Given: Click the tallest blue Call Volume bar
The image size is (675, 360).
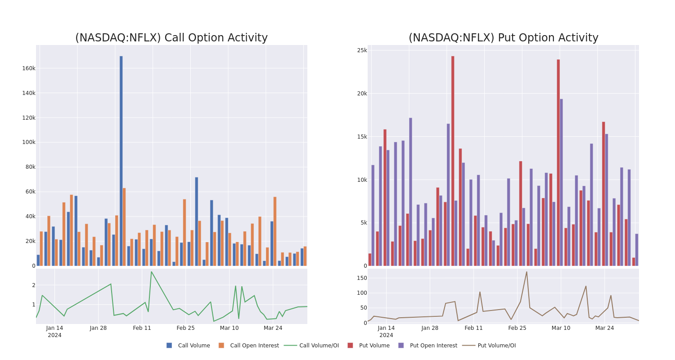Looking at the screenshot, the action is coord(121,161).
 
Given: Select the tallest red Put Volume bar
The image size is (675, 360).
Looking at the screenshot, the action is coord(453,161).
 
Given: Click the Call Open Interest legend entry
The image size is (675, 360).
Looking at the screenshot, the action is coord(248,346).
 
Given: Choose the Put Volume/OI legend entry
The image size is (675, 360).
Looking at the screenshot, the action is coord(489,346).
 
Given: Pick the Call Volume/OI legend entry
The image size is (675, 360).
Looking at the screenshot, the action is coord(311,346).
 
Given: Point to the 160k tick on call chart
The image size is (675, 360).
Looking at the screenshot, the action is coord(29,68).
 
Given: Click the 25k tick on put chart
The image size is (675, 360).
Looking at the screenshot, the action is coord(362,50).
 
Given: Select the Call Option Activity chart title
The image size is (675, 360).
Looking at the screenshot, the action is coord(171,38).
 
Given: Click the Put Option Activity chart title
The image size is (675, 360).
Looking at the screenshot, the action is coord(503,38).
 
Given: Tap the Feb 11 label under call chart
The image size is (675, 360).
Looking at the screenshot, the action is coord(142,328).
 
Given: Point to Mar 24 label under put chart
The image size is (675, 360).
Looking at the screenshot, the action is coord(604,328).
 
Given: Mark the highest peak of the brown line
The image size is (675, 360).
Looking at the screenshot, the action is coord(526,272).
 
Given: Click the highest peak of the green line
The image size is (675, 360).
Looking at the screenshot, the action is coord(151,272).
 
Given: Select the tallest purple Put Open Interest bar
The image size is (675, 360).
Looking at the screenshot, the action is coord(561,182).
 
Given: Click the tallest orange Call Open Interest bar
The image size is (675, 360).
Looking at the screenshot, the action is coord(124,227).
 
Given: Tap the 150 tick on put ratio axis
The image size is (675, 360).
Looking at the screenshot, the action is coord(362,278).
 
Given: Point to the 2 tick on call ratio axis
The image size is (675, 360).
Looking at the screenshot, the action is coord(34,285).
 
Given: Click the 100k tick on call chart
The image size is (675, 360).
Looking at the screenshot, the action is coord(29,142).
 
